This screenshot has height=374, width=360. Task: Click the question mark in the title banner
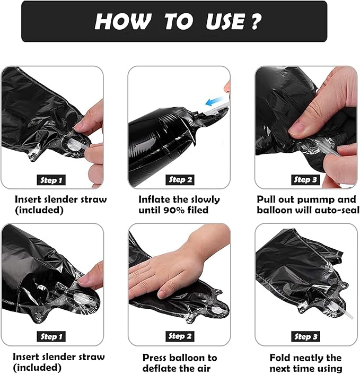256,21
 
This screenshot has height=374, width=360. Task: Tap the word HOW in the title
123,21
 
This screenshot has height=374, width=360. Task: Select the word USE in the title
225,21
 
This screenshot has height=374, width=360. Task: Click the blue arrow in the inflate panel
214,101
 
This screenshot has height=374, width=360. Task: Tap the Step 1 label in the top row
51,180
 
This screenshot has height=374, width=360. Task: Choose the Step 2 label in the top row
180,180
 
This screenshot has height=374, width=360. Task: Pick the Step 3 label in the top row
305,180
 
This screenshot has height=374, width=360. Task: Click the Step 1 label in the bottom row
51,336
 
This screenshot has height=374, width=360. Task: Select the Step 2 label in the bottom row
180,336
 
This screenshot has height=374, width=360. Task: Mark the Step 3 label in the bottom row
305,336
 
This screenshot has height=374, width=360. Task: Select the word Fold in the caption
279,358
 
